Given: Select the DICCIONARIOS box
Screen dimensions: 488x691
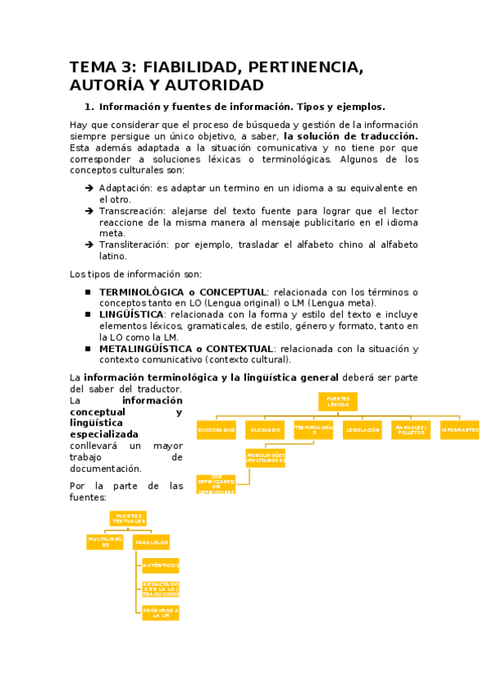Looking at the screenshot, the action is (x=217, y=429).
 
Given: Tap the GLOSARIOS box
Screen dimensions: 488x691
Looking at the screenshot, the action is (x=265, y=429).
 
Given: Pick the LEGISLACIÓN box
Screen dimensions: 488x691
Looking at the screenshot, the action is (x=362, y=429).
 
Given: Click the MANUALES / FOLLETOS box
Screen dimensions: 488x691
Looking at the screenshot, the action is (x=410, y=429).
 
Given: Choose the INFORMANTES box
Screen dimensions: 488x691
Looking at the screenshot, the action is (x=459, y=429).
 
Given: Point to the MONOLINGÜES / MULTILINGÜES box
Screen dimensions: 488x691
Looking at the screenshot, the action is (x=266, y=458).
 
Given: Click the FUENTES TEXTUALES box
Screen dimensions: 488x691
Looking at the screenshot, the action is (x=129, y=519).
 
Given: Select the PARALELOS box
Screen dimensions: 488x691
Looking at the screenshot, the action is (x=152, y=542).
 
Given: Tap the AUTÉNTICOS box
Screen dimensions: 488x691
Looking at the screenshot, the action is (x=160, y=565).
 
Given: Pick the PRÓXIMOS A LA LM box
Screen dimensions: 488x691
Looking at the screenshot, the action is (x=160, y=612).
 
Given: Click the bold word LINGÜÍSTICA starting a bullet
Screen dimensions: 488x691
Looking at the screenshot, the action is (x=131, y=315).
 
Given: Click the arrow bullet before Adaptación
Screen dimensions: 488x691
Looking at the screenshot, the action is (x=89, y=188).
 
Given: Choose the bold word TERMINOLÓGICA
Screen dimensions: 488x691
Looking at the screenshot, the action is (x=142, y=292).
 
